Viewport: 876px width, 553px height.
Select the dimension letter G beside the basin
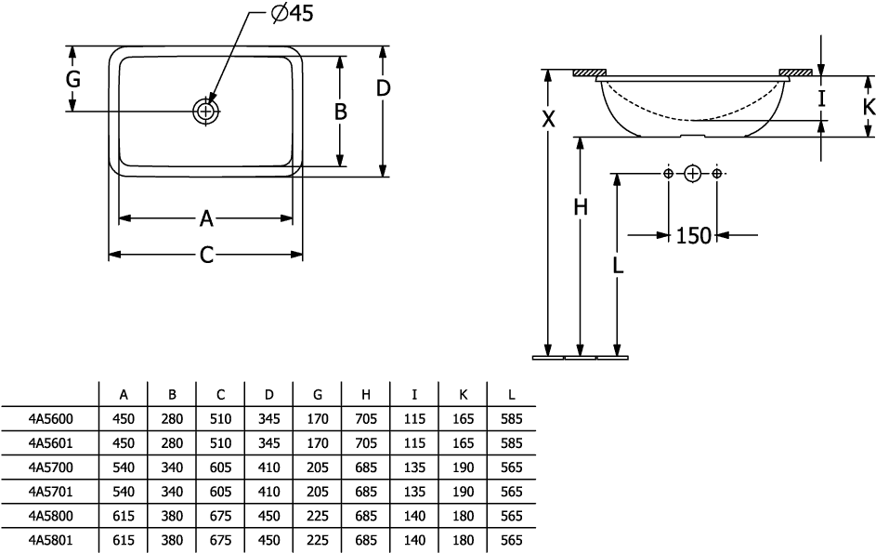(72, 80)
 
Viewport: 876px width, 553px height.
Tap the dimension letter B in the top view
(340, 112)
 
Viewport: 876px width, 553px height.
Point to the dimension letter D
(383, 89)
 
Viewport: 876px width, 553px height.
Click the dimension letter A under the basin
(206, 218)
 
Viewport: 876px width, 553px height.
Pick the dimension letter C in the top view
(206, 255)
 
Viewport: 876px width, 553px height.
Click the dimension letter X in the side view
(549, 119)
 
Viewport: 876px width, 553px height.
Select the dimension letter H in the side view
(581, 209)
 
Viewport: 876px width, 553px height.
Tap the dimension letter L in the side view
(618, 265)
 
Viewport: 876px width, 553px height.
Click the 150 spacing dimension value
(693, 236)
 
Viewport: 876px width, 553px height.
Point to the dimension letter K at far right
(868, 107)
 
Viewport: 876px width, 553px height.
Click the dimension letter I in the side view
(821, 96)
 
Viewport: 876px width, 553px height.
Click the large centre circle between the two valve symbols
(692, 174)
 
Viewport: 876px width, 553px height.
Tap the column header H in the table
(367, 395)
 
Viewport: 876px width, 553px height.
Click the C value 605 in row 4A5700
(220, 467)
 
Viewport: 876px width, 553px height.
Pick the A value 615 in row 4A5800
(124, 515)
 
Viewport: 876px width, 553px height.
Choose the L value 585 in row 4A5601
(511, 442)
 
